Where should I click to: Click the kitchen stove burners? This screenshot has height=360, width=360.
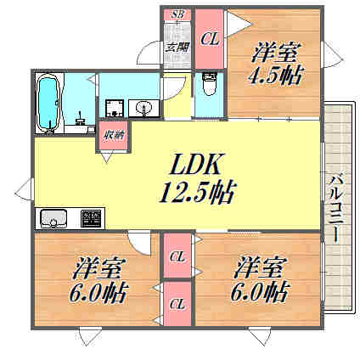tap(90, 218)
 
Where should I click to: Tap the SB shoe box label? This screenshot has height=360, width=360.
tap(178, 15)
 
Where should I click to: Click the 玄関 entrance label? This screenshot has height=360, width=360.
tap(177, 48)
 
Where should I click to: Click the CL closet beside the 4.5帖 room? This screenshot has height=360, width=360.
tap(210, 37)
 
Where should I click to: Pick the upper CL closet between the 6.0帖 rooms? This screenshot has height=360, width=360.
tap(177, 256)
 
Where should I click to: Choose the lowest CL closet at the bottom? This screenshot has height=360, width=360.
tap(177, 303)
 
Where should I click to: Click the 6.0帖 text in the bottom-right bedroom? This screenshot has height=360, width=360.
tap(261, 294)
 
